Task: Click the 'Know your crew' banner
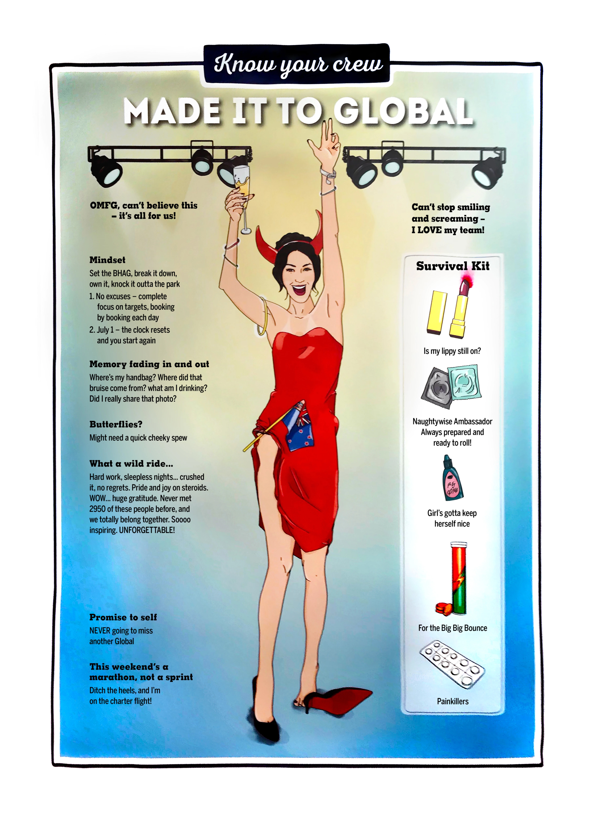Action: [297, 64]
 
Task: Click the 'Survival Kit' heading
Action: [453, 266]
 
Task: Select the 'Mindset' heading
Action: [107, 260]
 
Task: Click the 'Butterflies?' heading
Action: [116, 424]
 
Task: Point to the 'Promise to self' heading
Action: [123, 617]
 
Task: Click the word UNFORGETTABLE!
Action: [147, 530]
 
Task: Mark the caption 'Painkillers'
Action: [453, 701]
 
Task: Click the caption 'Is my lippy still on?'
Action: [452, 351]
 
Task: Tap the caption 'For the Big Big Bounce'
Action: [453, 628]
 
